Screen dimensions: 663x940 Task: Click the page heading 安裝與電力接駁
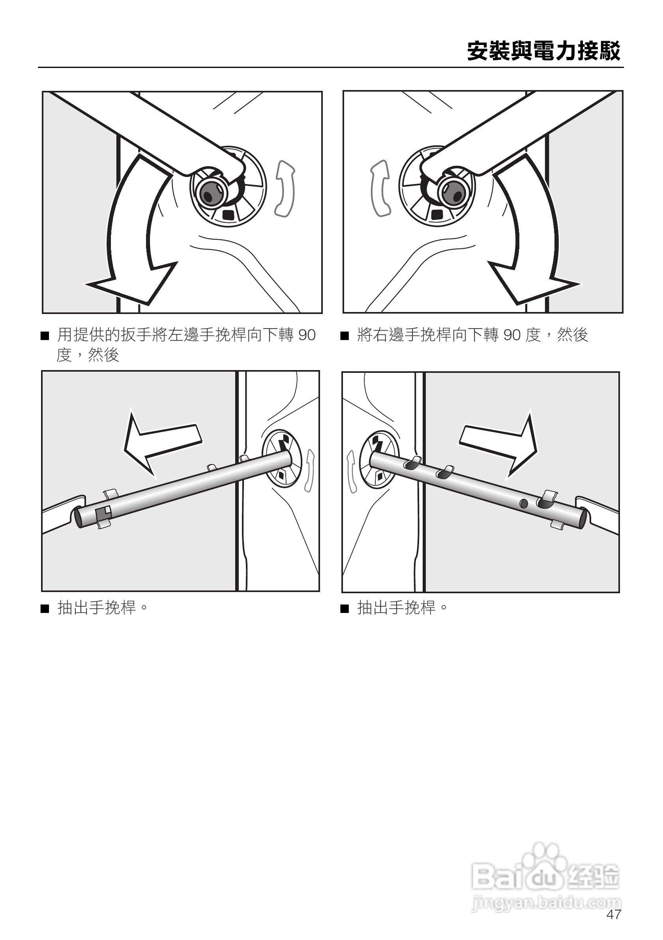pyautogui.click(x=543, y=51)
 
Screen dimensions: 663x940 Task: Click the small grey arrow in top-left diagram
pyautogui.click(x=285, y=188)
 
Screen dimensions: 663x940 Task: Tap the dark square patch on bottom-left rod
pyautogui.click(x=103, y=513)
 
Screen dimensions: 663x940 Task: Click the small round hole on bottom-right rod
pyautogui.click(x=524, y=503)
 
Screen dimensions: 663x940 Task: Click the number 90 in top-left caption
pyautogui.click(x=307, y=335)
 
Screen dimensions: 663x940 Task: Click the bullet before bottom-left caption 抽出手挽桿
pyautogui.click(x=45, y=609)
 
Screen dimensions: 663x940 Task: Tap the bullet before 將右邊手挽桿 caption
pyautogui.click(x=345, y=337)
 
